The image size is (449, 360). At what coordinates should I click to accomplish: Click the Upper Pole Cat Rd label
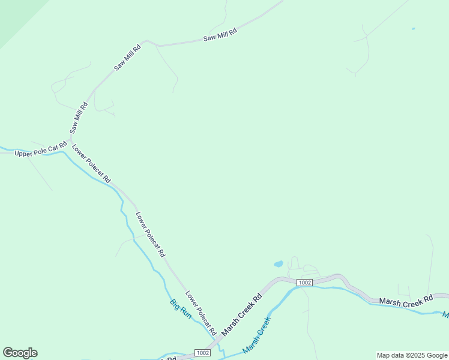point(40,152)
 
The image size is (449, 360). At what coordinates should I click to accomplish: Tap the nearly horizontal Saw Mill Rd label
point(220,35)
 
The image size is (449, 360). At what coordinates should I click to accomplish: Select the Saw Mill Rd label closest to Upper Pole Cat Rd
point(79,118)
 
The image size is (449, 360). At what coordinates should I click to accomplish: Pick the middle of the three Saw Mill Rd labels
point(127,58)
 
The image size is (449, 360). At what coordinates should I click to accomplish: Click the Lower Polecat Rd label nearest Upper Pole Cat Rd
point(91,163)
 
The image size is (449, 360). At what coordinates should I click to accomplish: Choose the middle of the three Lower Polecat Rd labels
point(150,234)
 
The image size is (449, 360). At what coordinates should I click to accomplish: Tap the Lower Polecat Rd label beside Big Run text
point(200,313)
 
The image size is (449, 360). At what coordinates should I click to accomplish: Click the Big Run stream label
point(181,308)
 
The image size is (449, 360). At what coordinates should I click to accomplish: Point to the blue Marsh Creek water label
point(257,334)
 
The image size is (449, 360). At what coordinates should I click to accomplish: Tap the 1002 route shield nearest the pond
point(304,283)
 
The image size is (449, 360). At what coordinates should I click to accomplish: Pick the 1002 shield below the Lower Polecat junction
point(203,353)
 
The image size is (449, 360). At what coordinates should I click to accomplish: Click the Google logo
point(20,353)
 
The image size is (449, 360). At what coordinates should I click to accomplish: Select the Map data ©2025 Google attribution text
point(412,355)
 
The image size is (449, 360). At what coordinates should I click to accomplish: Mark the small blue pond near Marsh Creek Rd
point(279,263)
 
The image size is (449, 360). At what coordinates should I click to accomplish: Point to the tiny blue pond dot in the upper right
point(414,28)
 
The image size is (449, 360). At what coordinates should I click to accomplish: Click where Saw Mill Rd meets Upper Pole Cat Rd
point(70,142)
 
